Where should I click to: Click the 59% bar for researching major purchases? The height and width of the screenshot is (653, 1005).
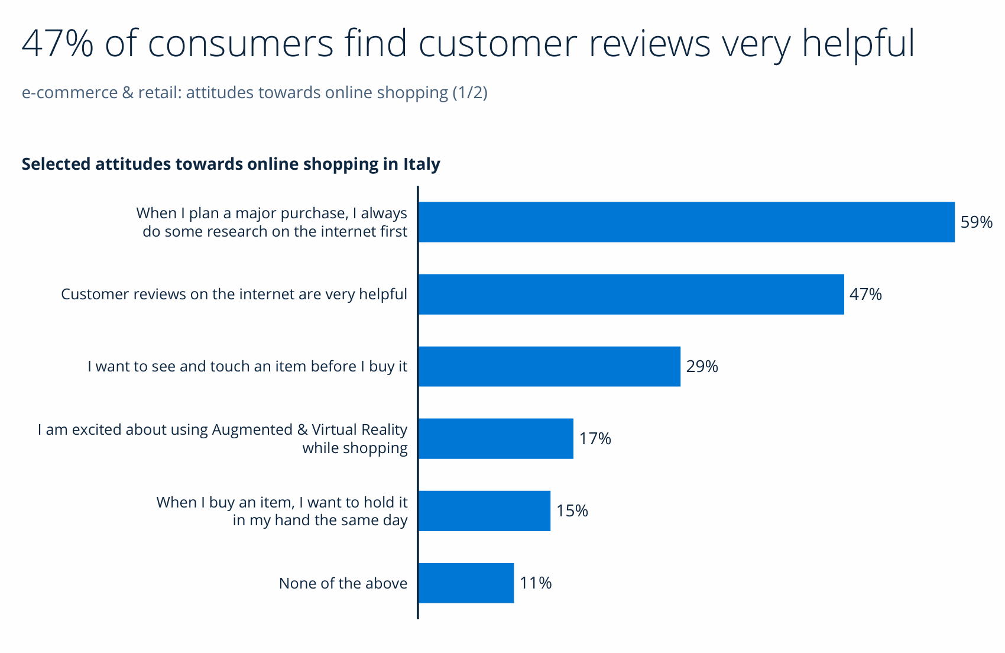click(686, 222)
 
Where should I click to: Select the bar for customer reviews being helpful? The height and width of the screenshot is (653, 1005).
click(631, 294)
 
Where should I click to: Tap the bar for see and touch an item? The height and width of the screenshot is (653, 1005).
click(549, 366)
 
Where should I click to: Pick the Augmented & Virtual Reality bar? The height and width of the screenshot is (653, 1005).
click(495, 438)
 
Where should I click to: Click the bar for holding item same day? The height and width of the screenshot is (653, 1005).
click(484, 510)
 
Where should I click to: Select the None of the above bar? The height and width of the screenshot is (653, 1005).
click(466, 583)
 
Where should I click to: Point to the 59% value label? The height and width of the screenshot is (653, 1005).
click(976, 222)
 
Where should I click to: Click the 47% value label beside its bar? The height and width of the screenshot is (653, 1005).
click(865, 295)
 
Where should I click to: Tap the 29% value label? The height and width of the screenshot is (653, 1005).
click(702, 367)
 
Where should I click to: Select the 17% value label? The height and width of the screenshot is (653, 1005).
click(595, 439)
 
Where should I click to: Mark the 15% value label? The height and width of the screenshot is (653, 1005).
click(572, 511)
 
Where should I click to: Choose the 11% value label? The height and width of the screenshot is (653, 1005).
click(536, 583)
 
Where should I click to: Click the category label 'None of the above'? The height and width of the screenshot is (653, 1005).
click(343, 584)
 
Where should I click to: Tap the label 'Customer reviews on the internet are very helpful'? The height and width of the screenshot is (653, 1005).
click(234, 295)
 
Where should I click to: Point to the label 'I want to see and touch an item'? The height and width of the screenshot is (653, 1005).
click(247, 367)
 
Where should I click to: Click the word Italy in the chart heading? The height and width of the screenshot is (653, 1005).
click(422, 164)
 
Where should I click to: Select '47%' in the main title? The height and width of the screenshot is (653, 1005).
click(57, 43)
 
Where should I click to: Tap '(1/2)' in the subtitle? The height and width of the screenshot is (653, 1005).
click(470, 93)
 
